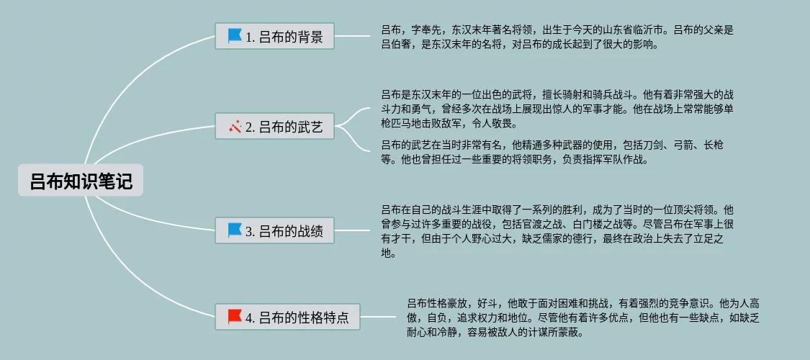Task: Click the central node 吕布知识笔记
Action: (81, 181)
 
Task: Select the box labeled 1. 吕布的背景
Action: (274, 36)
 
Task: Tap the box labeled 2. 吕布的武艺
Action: (274, 127)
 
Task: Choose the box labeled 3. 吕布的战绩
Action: (274, 231)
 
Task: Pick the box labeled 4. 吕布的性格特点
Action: (287, 317)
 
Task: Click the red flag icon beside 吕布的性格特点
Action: (235, 316)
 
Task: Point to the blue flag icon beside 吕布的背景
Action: (235, 35)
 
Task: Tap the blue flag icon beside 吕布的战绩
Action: (235, 230)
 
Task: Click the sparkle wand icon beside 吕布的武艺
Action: (235, 127)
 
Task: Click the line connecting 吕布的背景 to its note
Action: (353, 35)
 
